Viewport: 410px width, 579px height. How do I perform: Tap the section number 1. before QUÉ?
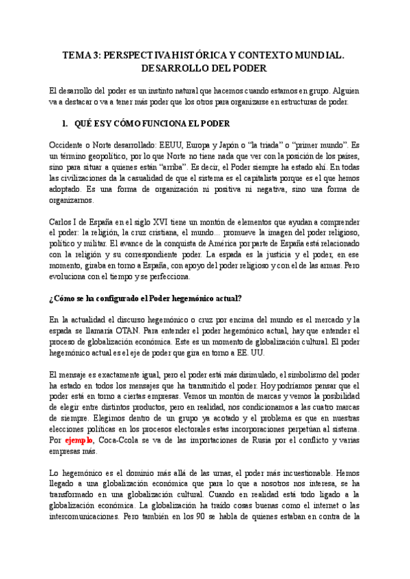66,124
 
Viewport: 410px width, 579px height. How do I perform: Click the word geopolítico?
104,156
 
